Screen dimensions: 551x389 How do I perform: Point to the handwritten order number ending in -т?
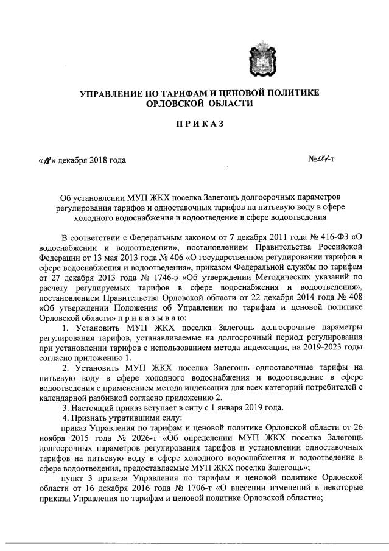point(323,160)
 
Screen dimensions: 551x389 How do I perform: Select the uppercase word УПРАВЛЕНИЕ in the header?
point(110,93)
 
